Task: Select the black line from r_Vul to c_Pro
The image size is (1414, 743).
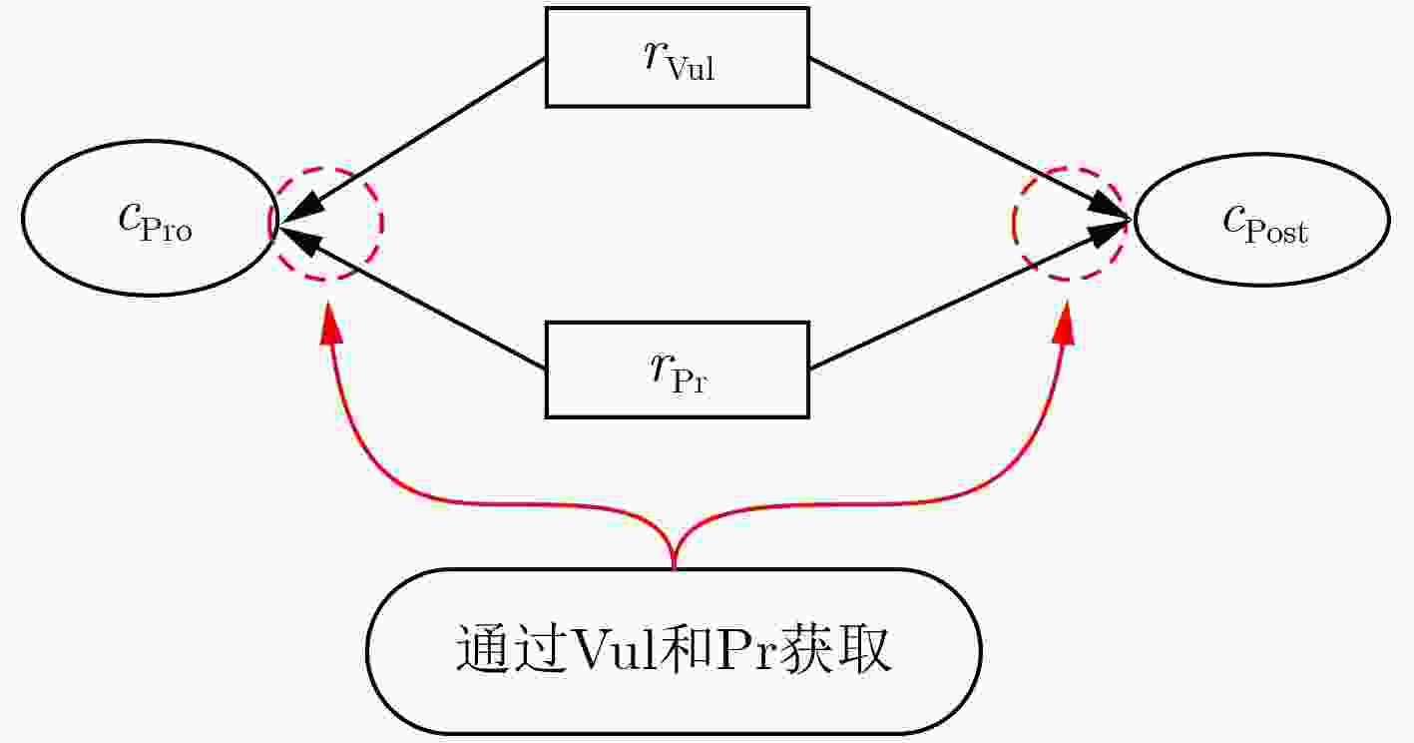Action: click(x=412, y=140)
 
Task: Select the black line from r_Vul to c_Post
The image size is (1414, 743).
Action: click(x=970, y=138)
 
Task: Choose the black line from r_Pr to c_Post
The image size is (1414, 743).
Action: click(x=970, y=295)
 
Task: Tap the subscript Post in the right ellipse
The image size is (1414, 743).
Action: click(x=1276, y=231)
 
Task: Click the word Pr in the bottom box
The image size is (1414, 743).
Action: click(x=743, y=649)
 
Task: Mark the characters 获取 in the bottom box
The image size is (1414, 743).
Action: click(x=834, y=649)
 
